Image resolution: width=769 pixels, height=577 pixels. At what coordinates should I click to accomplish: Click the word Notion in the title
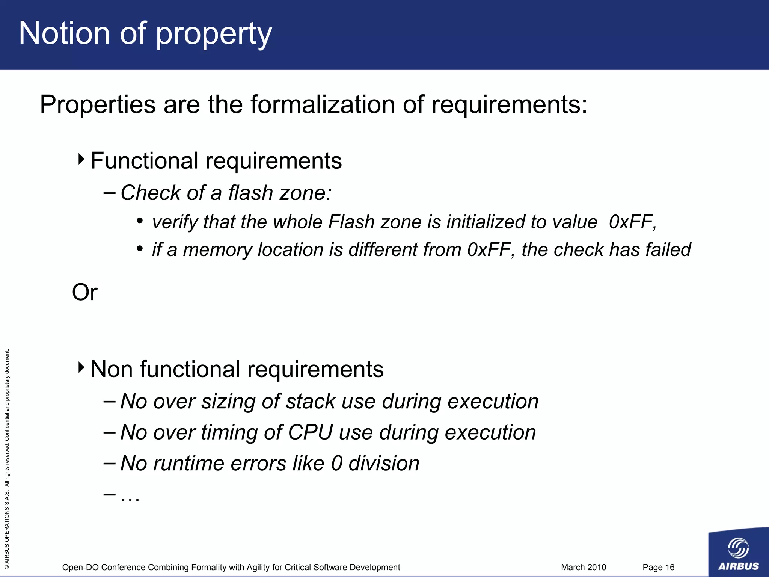[x=64, y=34]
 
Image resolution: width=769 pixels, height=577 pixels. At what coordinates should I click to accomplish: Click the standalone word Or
[x=85, y=292]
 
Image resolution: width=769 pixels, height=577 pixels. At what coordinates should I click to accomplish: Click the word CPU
[x=310, y=432]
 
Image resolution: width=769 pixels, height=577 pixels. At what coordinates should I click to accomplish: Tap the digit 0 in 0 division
[x=337, y=464]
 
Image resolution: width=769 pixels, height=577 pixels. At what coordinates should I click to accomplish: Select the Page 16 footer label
[x=658, y=567]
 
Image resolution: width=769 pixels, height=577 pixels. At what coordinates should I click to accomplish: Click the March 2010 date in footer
[x=583, y=567]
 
